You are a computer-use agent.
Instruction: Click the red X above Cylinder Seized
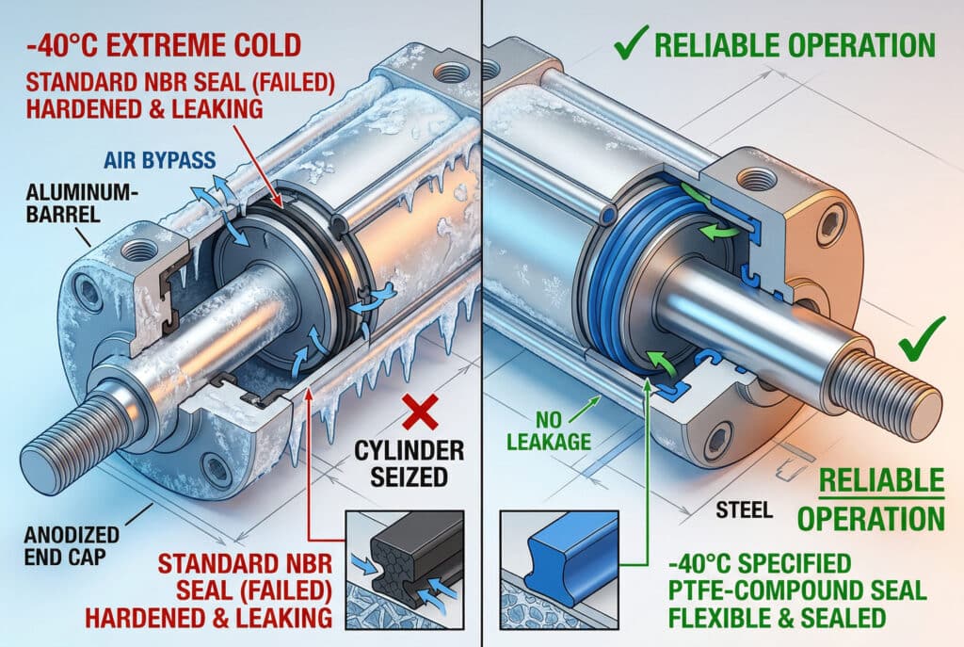(x=420, y=412)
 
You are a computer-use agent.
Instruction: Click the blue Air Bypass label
(x=160, y=160)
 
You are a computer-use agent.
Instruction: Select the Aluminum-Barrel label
(x=79, y=203)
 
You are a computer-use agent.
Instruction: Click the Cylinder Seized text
(x=409, y=463)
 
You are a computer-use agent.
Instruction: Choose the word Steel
(x=744, y=510)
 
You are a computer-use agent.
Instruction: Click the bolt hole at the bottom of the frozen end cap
(x=216, y=469)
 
